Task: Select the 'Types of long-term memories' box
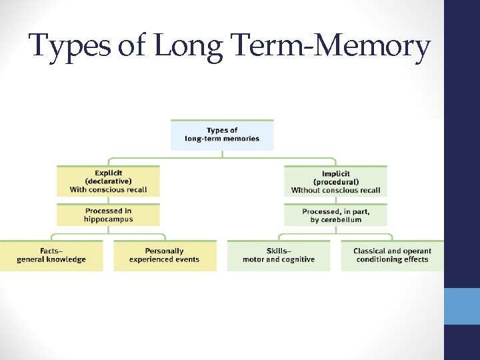222,135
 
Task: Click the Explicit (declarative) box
109,181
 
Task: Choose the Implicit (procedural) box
335,181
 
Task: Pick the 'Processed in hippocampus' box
109,215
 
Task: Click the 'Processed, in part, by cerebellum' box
335,215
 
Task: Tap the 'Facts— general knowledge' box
51,255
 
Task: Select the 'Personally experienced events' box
164,255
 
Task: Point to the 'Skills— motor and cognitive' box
279,255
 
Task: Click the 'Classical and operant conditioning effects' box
392,255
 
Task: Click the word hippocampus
109,219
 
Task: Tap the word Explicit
109,173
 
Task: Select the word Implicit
336,173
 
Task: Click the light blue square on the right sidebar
462,306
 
